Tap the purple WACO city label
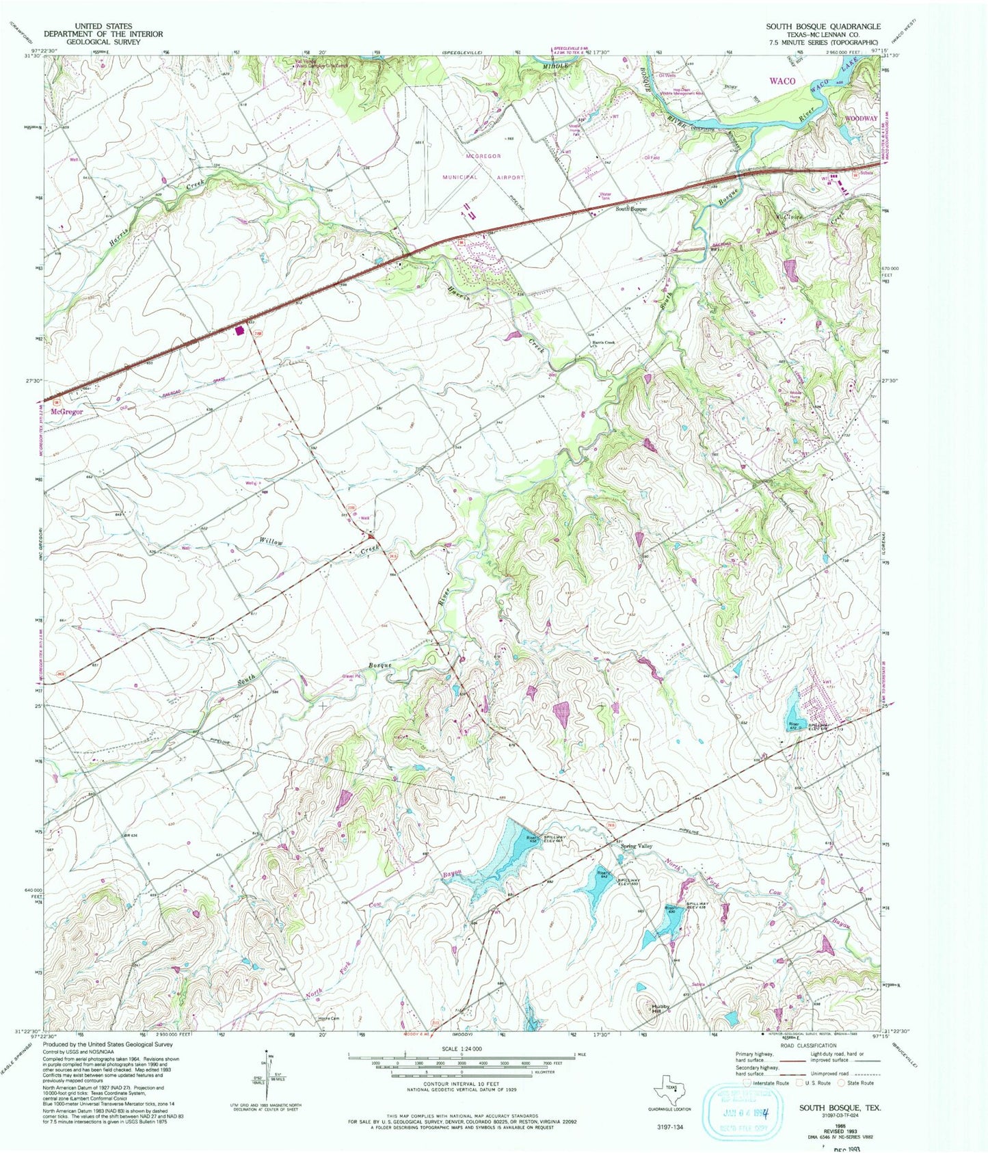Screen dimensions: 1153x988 point(782,81)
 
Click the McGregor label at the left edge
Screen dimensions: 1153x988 point(67,412)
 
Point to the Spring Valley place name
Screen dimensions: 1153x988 point(636,846)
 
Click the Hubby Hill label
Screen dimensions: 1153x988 point(660,1008)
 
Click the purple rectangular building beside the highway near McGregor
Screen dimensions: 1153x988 point(239,330)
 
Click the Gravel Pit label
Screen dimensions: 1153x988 point(351,678)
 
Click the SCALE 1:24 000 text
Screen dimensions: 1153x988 point(462,1048)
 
